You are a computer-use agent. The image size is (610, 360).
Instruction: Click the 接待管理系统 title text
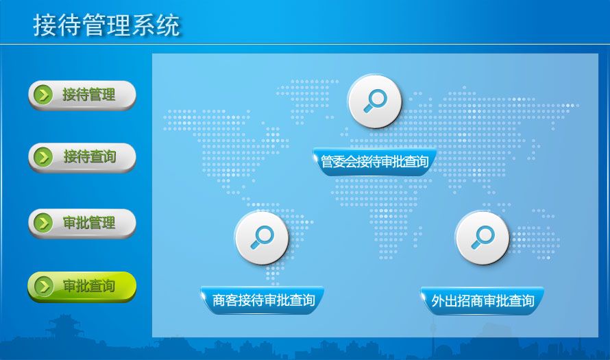click(x=106, y=25)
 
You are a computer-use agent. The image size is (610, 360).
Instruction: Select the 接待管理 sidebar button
click(x=82, y=95)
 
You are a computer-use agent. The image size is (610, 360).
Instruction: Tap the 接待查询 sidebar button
click(x=82, y=158)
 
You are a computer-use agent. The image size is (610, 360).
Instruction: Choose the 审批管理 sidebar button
click(x=82, y=224)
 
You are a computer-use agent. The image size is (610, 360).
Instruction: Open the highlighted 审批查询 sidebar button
click(x=82, y=287)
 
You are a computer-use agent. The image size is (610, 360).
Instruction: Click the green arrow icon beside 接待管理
click(x=43, y=95)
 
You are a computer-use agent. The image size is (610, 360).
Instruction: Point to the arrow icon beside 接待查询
click(x=43, y=157)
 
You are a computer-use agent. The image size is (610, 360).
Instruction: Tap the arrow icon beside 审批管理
click(x=43, y=223)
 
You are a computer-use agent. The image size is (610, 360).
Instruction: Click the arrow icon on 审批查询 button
click(x=44, y=286)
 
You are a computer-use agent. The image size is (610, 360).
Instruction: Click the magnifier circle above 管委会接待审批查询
click(x=375, y=101)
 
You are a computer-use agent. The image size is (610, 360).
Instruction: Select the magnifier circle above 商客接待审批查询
click(x=263, y=238)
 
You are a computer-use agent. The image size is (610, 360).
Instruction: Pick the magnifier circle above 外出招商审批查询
click(x=483, y=238)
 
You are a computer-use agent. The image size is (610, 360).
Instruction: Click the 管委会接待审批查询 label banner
click(x=375, y=162)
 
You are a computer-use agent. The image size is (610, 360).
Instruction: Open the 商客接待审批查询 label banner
click(x=263, y=300)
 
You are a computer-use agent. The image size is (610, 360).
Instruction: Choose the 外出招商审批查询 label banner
click(x=483, y=300)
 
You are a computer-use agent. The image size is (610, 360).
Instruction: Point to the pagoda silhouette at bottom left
click(x=65, y=329)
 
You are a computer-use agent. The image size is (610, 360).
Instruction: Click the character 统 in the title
click(x=169, y=25)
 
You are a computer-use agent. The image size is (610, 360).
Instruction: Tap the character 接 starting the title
click(x=45, y=25)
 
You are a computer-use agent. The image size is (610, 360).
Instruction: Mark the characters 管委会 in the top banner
click(x=339, y=162)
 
